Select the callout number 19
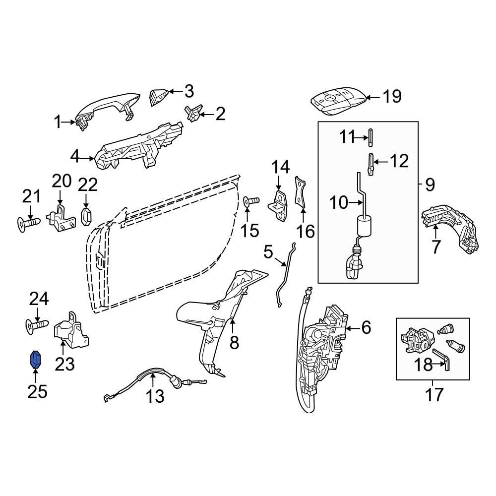click(x=392, y=96)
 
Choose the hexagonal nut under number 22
click(x=86, y=217)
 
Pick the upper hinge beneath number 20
click(x=61, y=219)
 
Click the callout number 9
click(x=430, y=185)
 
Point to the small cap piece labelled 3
click(x=159, y=97)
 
